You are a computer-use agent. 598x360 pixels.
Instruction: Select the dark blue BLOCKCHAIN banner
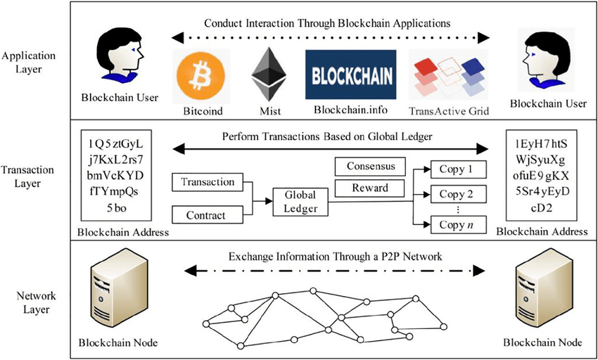pos(350,74)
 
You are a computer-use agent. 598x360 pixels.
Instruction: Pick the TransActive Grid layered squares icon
pos(448,77)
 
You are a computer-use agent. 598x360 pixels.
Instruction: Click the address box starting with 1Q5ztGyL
pos(117,176)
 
